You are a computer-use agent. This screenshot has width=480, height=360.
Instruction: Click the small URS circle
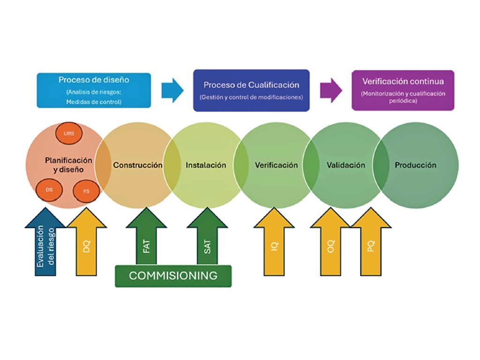69,133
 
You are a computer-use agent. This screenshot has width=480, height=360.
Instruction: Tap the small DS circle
49,190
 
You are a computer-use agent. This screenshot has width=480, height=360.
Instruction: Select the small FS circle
86,191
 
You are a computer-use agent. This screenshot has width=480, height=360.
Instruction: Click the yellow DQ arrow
87,244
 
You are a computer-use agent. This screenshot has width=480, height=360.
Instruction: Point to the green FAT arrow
146,241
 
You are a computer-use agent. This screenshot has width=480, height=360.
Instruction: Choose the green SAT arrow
207,241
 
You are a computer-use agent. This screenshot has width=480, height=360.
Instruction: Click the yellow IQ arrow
274,244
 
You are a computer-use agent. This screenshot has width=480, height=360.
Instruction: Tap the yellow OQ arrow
331,244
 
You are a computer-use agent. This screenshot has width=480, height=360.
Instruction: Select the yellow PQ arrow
371,244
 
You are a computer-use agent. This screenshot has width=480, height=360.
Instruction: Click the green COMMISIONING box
173,276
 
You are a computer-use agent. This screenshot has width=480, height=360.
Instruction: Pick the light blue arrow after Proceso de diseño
172,90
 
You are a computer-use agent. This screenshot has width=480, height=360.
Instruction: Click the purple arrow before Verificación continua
330,90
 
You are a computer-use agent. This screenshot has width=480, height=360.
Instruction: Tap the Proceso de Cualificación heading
251,85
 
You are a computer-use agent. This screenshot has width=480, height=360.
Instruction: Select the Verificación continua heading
403,81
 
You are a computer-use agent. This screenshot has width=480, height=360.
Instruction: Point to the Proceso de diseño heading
94,80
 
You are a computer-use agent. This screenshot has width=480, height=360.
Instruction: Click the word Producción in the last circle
415,165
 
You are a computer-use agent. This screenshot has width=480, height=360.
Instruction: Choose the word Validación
345,165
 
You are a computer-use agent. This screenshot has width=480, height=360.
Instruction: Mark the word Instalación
206,165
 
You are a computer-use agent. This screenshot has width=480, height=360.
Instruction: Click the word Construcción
138,165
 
